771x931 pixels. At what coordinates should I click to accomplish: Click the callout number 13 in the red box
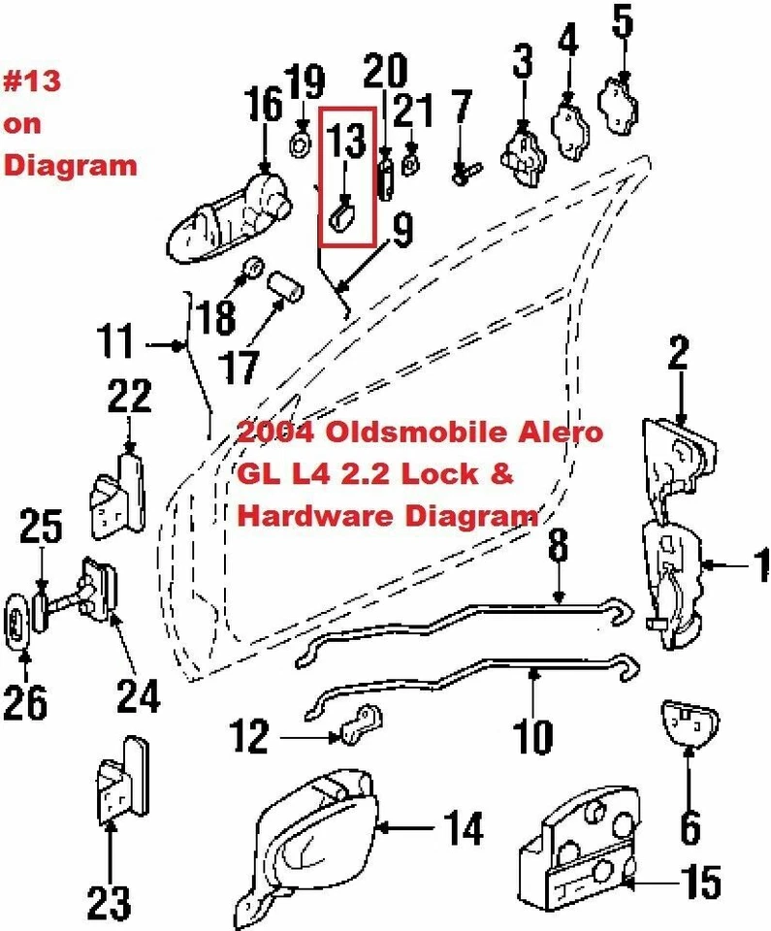pos(346,142)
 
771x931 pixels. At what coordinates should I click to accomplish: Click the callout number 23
pos(108,901)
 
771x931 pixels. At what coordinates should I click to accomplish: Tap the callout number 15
pos(699,883)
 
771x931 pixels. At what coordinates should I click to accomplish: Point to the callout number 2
pos(678,355)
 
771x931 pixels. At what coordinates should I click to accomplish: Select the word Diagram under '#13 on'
pos(70,165)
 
